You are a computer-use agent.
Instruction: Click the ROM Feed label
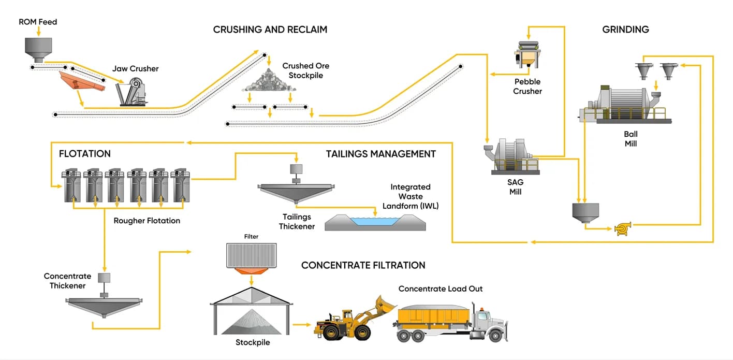click(x=38, y=22)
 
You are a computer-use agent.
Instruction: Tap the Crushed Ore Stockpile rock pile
click(x=268, y=81)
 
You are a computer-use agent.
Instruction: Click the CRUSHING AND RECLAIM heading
click(x=270, y=30)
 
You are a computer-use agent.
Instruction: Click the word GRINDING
click(x=625, y=30)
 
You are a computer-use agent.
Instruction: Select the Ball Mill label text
click(x=631, y=139)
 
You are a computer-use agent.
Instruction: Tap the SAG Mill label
click(x=515, y=187)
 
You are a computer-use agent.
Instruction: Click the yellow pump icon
click(x=622, y=228)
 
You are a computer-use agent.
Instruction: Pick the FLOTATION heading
click(x=85, y=154)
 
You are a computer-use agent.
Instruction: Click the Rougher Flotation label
click(x=147, y=221)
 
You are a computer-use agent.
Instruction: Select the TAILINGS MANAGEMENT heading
click(x=380, y=154)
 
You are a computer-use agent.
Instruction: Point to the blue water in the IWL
click(x=375, y=221)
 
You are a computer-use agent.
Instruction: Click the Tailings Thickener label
click(x=297, y=222)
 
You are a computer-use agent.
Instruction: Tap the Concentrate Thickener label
click(x=67, y=281)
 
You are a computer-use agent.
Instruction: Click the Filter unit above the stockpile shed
click(x=251, y=257)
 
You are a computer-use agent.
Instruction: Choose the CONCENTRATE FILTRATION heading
click(x=363, y=265)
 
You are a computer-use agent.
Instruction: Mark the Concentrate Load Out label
click(x=440, y=289)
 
